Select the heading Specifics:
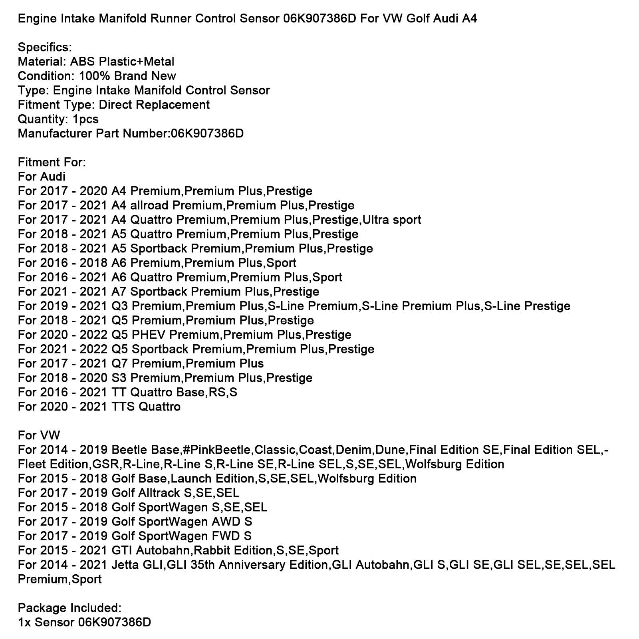[45, 47]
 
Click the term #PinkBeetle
[216, 450]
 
